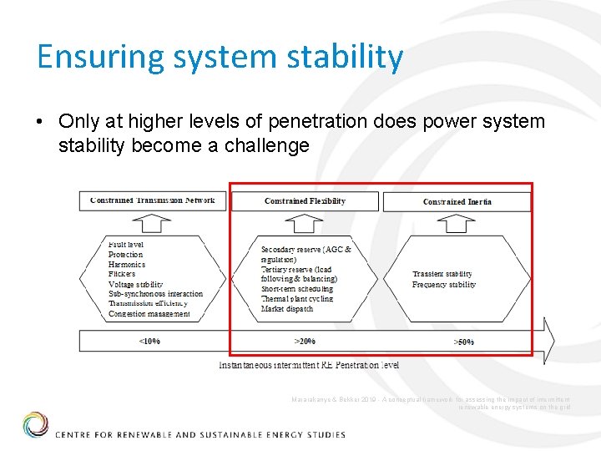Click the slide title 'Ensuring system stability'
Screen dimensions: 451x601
[x=220, y=57]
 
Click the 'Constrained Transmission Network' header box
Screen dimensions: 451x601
[x=153, y=200]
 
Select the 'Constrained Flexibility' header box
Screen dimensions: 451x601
[x=305, y=201]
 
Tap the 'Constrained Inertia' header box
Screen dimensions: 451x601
[x=457, y=201]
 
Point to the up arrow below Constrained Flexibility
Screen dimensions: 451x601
[x=305, y=223]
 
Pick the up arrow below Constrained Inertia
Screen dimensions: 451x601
[x=456, y=223]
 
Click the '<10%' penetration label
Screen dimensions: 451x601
[x=150, y=341]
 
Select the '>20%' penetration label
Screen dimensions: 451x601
[x=305, y=341]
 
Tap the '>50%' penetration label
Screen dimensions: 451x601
[x=463, y=342]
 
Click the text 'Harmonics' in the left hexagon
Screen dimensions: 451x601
[x=127, y=265]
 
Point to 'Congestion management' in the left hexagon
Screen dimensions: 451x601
[x=149, y=314]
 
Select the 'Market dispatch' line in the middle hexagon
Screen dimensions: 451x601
[x=287, y=309]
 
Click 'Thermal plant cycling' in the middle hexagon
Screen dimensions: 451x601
[x=297, y=299]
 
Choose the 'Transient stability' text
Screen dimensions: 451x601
[x=442, y=274]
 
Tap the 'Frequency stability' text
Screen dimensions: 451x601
[x=444, y=285]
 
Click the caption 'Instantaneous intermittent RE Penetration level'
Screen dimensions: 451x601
[x=309, y=365]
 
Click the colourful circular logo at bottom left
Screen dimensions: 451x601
[x=35, y=424]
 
